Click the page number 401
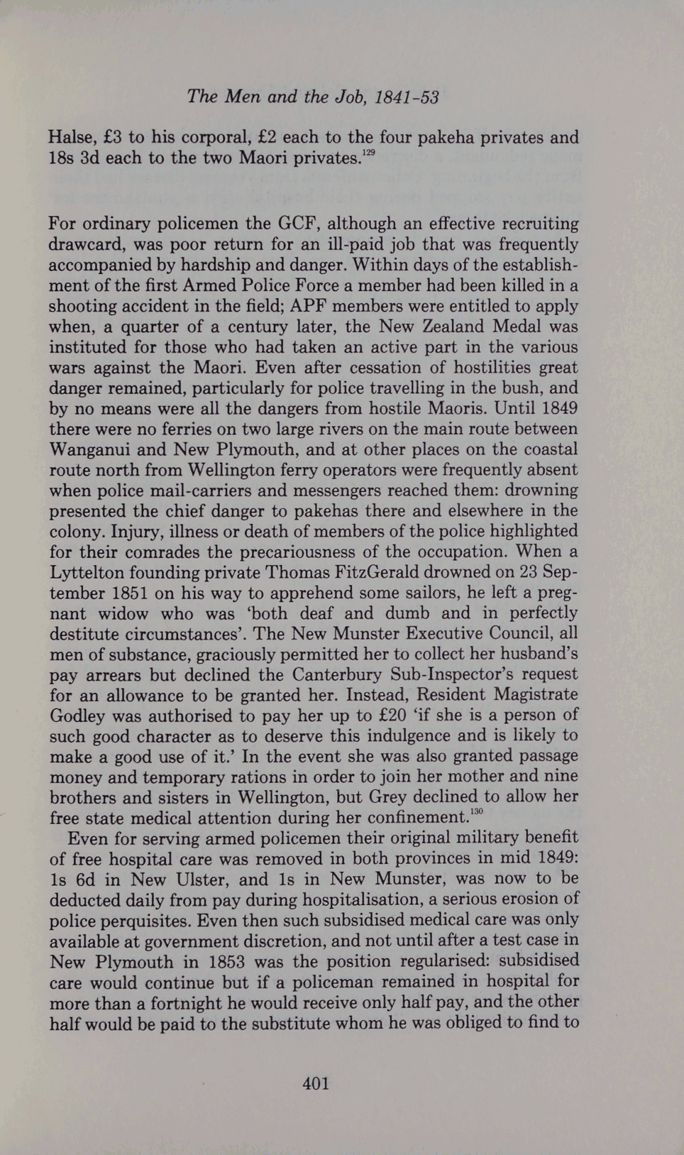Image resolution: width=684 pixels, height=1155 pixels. (316, 1084)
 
